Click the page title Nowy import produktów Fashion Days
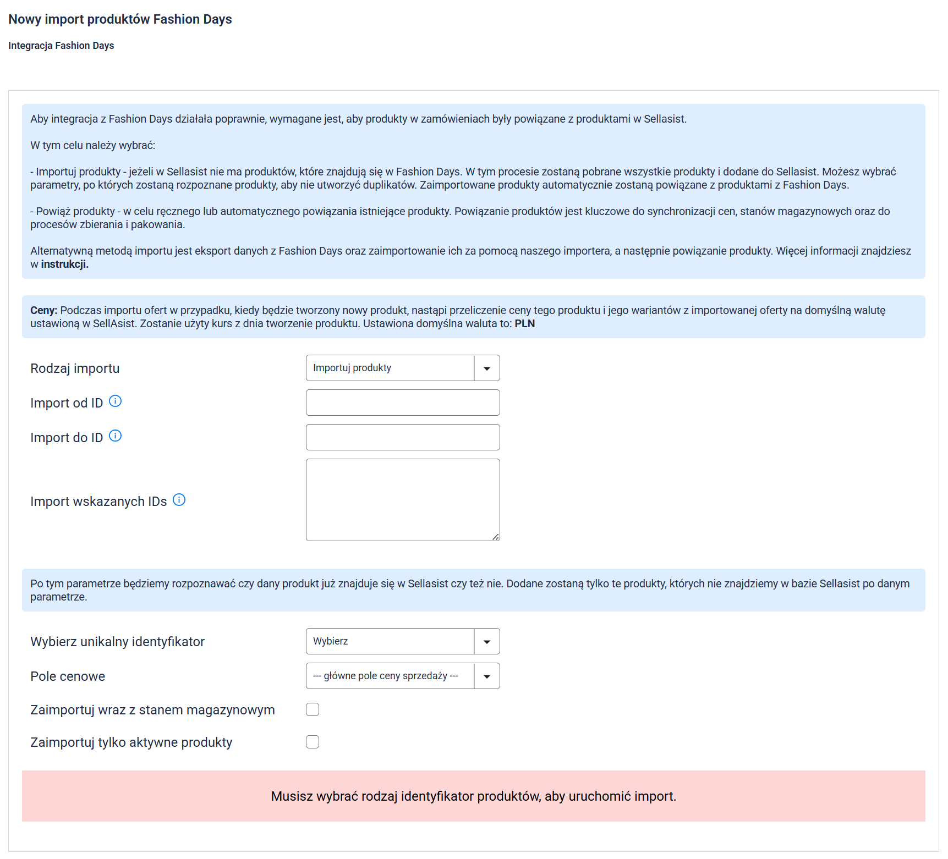tap(120, 19)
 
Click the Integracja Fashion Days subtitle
tap(61, 46)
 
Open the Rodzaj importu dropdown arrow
tap(487, 368)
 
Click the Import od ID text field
tap(403, 403)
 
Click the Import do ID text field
tap(403, 437)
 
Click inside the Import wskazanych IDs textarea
tap(403, 500)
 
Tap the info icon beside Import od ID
tap(115, 401)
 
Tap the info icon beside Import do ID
tap(115, 436)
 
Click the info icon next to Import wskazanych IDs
tap(179, 500)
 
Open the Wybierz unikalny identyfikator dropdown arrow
tap(487, 642)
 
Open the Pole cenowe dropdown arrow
tap(487, 676)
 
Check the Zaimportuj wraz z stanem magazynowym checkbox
tap(313, 710)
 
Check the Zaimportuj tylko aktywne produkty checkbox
tap(313, 742)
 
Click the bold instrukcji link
tap(64, 265)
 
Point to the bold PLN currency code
tap(524, 324)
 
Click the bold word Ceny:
tap(43, 311)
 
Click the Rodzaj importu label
tap(75, 368)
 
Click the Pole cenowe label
tap(68, 676)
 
